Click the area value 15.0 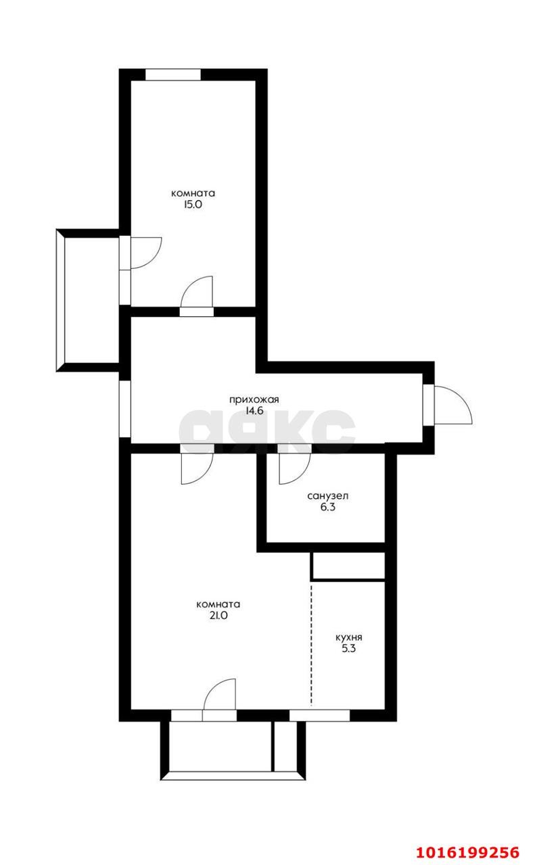193,204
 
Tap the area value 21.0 218,615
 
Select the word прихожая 254,400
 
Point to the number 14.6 254,410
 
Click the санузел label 328,496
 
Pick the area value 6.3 328,507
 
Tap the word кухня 349,637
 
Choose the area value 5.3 349,648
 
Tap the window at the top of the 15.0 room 173,74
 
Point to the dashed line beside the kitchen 312,644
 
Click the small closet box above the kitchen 348,566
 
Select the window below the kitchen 320,716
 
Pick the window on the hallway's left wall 125,409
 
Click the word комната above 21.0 218,604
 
